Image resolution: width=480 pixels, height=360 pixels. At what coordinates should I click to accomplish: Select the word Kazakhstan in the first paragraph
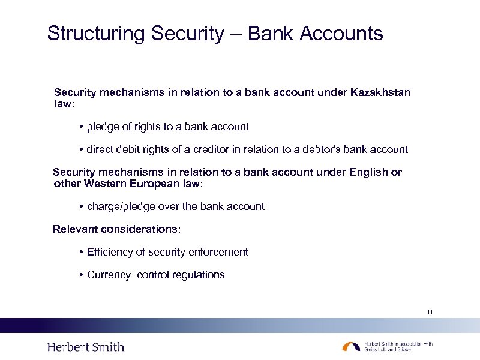[380, 92]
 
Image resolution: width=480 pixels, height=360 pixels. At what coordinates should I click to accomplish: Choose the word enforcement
[218, 252]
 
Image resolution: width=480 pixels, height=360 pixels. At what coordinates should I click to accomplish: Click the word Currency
[109, 275]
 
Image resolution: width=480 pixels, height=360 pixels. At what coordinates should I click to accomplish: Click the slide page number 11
[430, 312]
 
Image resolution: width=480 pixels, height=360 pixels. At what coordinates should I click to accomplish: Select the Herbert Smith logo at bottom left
[86, 347]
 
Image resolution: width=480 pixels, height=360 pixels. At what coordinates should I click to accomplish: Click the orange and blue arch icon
[351, 347]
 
